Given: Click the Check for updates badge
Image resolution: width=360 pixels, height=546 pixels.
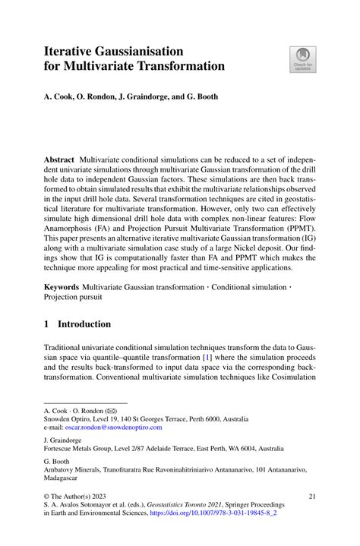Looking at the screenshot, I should [302, 60].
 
